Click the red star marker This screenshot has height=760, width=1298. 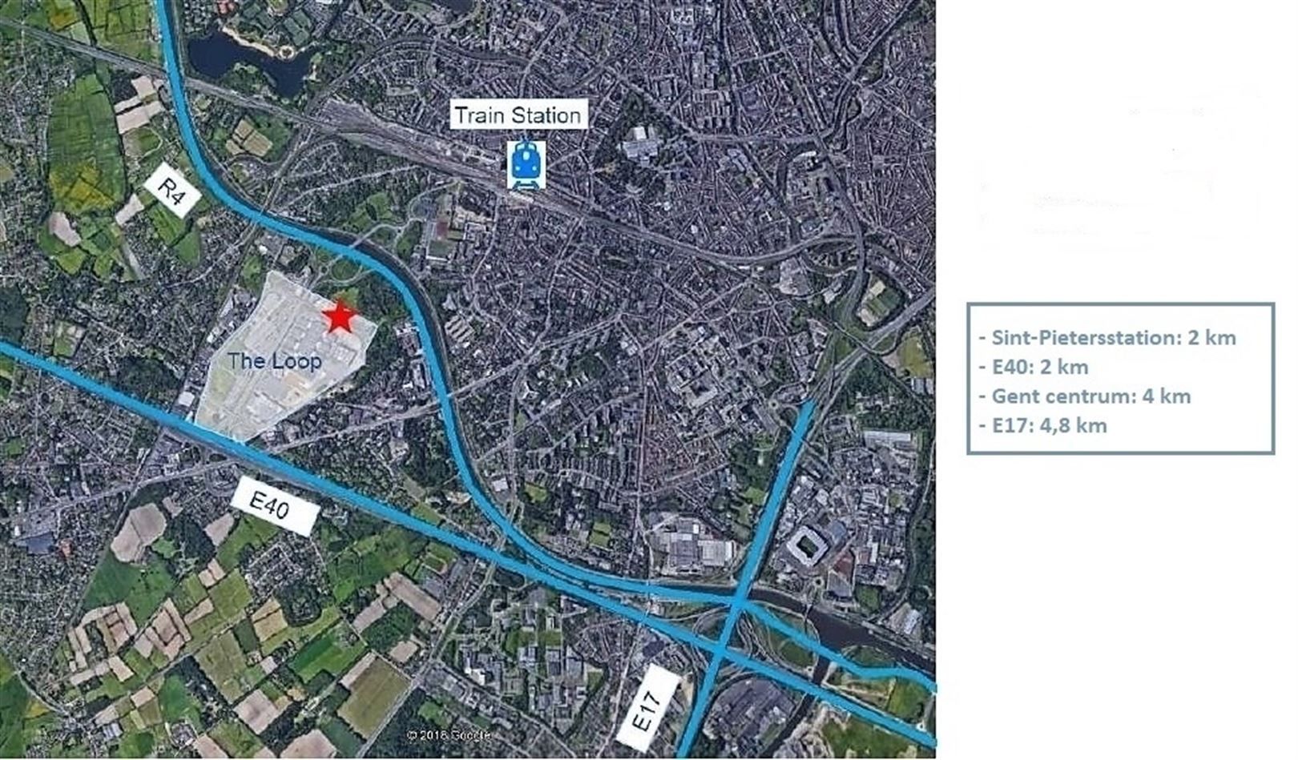pos(340,317)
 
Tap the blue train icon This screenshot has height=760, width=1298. pos(526,164)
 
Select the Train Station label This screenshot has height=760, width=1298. pos(518,115)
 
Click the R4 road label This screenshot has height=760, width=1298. pos(172,195)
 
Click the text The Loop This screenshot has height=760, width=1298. pos(274,361)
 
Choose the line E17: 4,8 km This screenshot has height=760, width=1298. pos(1049,424)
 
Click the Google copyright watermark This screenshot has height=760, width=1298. pos(448,734)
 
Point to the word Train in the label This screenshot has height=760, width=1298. pos(479,115)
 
